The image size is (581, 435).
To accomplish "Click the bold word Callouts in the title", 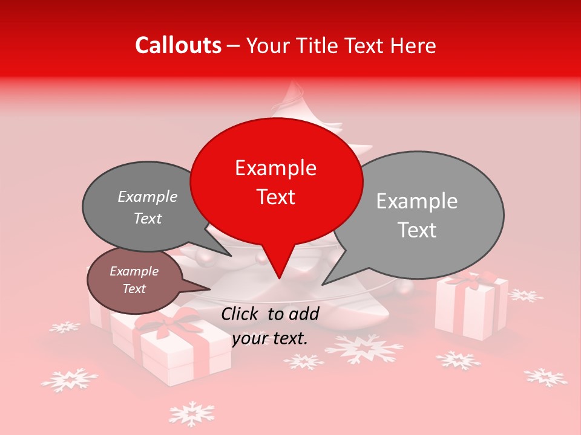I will pyautogui.click(x=178, y=45).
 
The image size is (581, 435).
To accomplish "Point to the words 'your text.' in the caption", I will pyautogui.click(x=270, y=338).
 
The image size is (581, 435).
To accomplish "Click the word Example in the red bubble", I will pyautogui.click(x=275, y=168).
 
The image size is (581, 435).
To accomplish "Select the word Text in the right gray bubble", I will pyautogui.click(x=418, y=230).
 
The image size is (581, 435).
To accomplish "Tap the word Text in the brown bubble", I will pyautogui.click(x=134, y=289).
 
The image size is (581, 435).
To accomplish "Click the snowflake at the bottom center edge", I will pyautogui.click(x=191, y=414).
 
